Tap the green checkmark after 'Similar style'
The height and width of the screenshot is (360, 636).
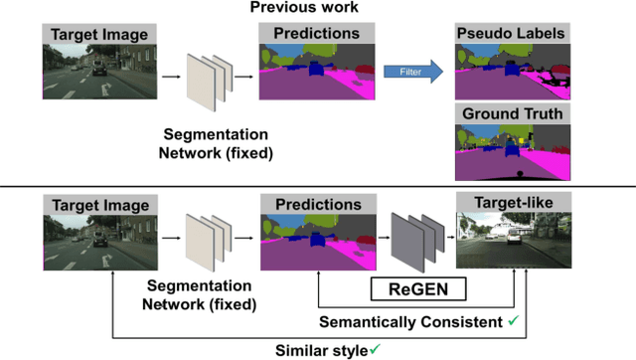pyautogui.click(x=375, y=349)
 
